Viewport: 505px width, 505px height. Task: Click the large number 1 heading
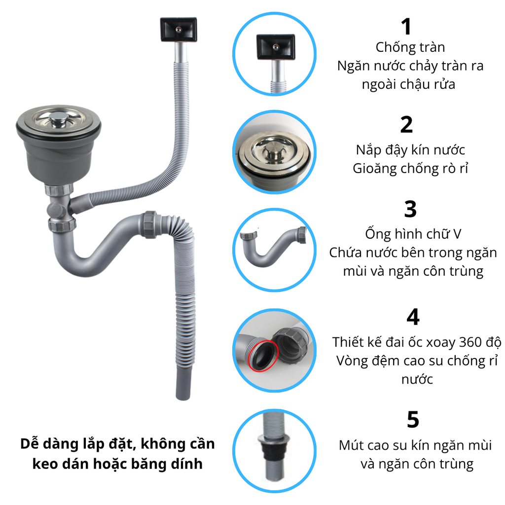pos(406,27)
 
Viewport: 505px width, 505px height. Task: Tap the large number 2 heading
pos(406,125)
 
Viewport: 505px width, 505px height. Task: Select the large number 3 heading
pos(410,209)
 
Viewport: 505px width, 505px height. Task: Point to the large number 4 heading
pos(413,317)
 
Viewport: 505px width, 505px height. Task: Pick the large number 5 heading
pos(413,420)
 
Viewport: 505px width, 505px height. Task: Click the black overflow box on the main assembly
pos(179,29)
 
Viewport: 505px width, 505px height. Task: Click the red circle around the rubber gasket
pos(263,356)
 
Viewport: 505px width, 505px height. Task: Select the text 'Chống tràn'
pos(410,47)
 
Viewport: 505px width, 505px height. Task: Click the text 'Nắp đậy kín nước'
pos(410,150)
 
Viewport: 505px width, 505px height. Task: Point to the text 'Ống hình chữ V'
pos(413,234)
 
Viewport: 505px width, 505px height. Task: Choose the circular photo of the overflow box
pos(274,54)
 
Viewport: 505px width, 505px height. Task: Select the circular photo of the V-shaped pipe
pos(274,250)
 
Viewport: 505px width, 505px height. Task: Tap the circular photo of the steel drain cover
pos(274,152)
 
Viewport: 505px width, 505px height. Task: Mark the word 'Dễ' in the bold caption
pos(30,444)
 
